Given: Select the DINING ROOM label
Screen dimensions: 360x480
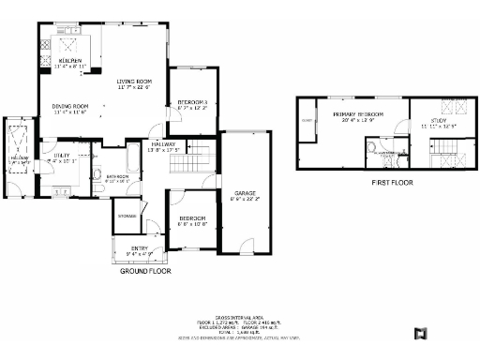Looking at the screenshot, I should click(69, 106).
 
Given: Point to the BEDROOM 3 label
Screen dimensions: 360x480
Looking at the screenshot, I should click(192, 101).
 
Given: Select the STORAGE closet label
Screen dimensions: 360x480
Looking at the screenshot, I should click(127, 216).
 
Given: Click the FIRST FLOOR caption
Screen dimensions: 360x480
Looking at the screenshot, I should click(392, 183).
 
